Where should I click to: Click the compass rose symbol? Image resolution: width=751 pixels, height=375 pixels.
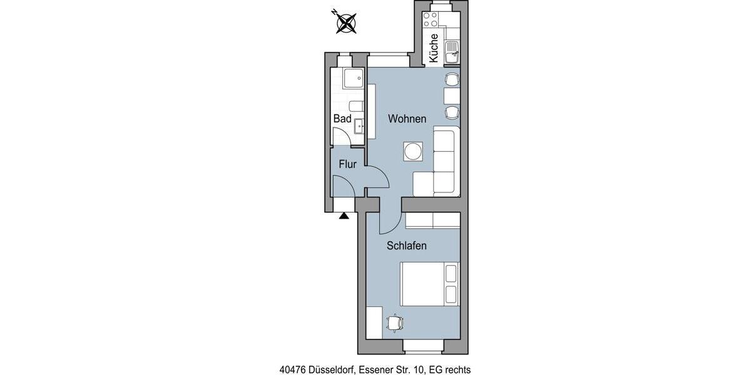(345, 22)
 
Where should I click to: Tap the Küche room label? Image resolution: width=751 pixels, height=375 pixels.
(433, 47)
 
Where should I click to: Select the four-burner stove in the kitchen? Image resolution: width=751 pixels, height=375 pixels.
(430, 19)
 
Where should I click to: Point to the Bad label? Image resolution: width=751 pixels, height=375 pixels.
(342, 119)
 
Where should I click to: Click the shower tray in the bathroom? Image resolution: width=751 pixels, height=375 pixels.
(354, 79)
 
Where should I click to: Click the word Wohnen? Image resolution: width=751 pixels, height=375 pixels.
(407, 119)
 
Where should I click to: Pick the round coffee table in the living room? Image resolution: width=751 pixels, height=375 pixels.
(413, 151)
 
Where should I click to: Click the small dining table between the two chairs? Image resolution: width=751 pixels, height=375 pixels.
(452, 96)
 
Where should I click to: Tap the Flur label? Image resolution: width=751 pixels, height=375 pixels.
(347, 164)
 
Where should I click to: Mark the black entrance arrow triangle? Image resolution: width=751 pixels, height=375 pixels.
(344, 216)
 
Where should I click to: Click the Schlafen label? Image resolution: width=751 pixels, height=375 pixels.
(406, 246)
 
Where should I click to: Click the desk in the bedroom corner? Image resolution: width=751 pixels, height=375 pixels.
(374, 322)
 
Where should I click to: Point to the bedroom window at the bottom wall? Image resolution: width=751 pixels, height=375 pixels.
(423, 345)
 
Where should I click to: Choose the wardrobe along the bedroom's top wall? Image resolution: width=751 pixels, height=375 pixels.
(432, 221)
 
